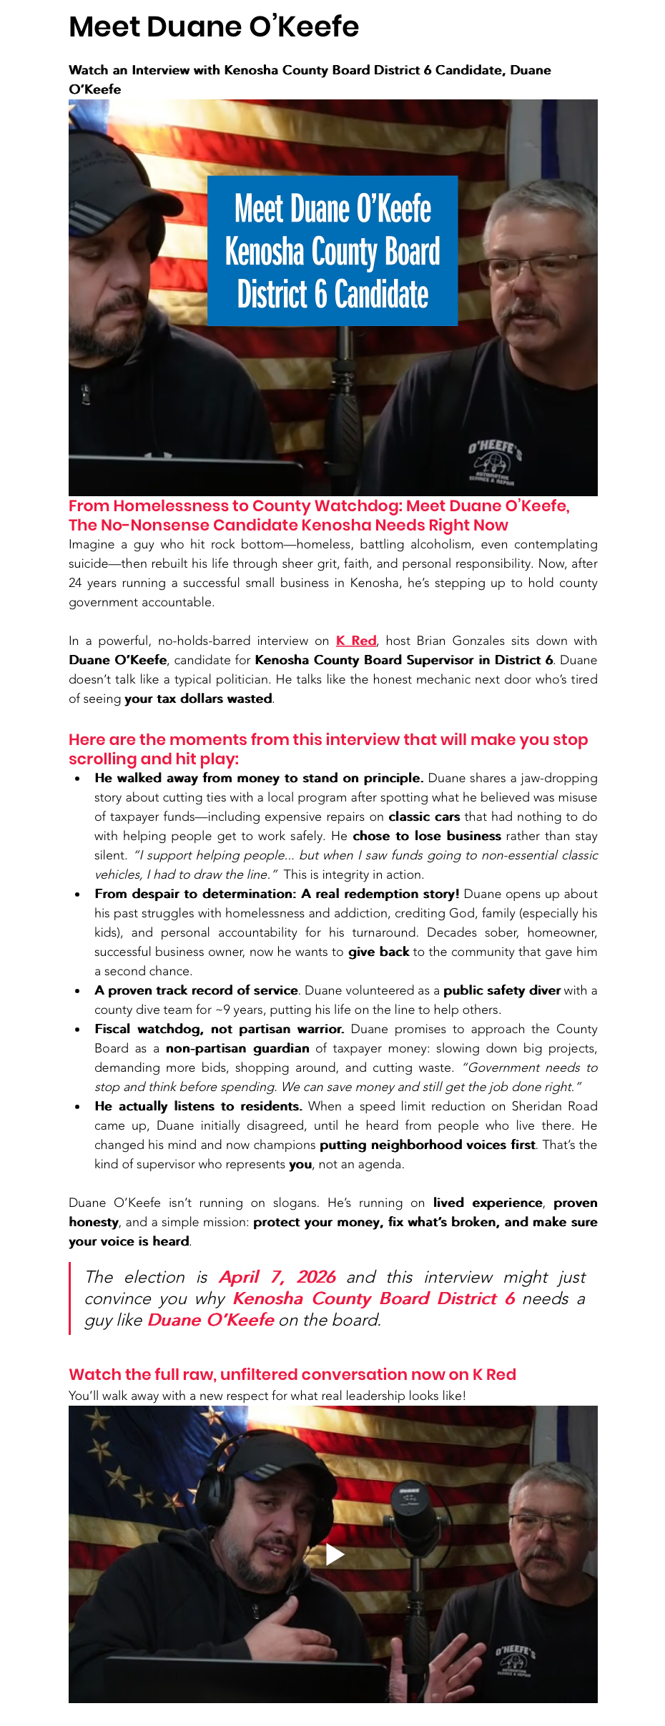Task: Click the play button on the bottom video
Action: (x=334, y=1554)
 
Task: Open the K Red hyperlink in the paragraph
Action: (x=356, y=641)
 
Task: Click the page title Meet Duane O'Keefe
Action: (x=214, y=27)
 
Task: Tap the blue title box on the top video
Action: (x=332, y=250)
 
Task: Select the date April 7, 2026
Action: (x=277, y=1277)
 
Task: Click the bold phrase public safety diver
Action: (x=501, y=990)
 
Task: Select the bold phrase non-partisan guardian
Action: (x=237, y=1048)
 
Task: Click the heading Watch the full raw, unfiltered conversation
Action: (x=292, y=1374)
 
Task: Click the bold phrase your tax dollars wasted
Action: (x=198, y=699)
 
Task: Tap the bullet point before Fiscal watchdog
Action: (x=77, y=1030)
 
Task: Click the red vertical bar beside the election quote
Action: (x=70, y=1298)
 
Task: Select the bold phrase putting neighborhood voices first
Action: (x=427, y=1145)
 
